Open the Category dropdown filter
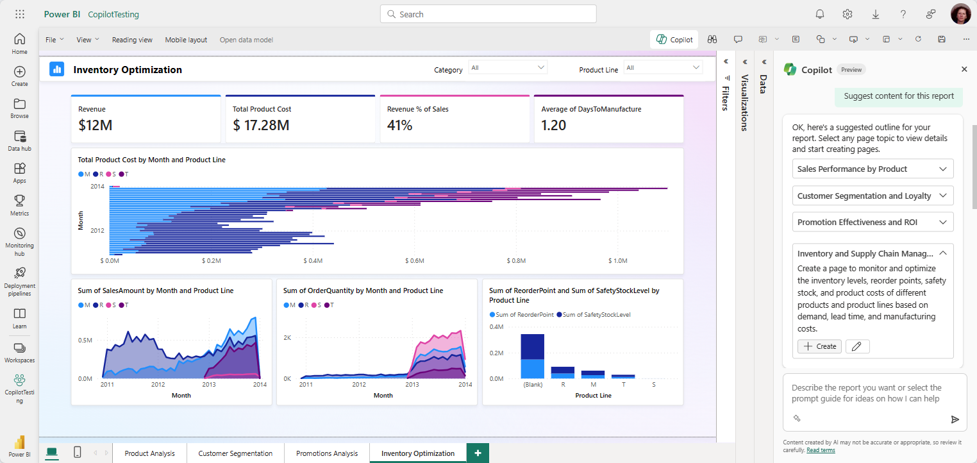[x=508, y=68]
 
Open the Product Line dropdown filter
[x=663, y=68]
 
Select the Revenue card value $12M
[x=96, y=125]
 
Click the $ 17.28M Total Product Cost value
[x=261, y=125]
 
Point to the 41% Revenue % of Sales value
[x=399, y=125]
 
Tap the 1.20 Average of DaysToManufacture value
[x=553, y=125]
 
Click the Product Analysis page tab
[x=149, y=453]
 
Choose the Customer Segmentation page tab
[x=235, y=453]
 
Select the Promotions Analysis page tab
[x=327, y=453]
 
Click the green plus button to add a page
[x=477, y=453]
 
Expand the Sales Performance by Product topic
[x=873, y=169]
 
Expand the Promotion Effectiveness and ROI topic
[x=873, y=223]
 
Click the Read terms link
[x=821, y=450]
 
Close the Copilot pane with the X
[x=964, y=69]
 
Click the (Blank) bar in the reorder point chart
[x=532, y=356]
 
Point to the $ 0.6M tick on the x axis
[x=415, y=261]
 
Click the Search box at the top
[x=488, y=14]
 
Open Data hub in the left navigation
[x=19, y=140]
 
